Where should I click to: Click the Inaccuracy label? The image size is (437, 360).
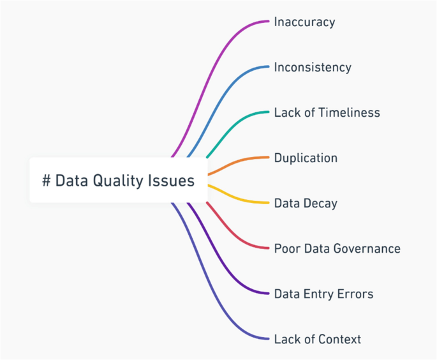point(304,22)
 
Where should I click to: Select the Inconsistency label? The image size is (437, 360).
point(313,67)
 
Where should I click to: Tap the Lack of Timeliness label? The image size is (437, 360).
point(327,113)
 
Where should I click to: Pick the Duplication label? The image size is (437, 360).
point(306,158)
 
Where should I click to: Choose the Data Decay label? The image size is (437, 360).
point(306,204)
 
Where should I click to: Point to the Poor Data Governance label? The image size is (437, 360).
point(337,248)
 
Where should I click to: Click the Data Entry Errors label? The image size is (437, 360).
point(323,294)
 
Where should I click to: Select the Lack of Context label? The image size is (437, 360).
point(317,339)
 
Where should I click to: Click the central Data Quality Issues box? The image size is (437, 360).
point(119,181)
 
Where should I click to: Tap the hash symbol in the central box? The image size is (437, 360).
point(47,181)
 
